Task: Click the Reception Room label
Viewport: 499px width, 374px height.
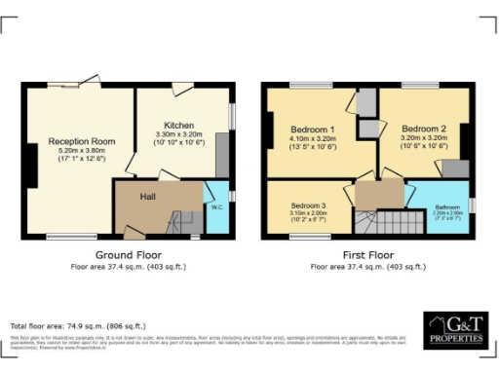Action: click(82, 141)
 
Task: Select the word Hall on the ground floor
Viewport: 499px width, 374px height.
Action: click(148, 195)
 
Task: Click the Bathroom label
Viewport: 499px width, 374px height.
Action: click(446, 206)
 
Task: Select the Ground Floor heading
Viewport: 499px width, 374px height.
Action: click(128, 255)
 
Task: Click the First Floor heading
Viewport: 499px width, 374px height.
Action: click(367, 255)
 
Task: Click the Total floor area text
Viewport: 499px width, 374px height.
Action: click(78, 325)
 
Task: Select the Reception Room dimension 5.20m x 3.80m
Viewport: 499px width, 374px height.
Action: click(82, 152)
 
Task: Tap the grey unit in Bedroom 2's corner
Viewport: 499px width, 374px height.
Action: click(453, 168)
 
